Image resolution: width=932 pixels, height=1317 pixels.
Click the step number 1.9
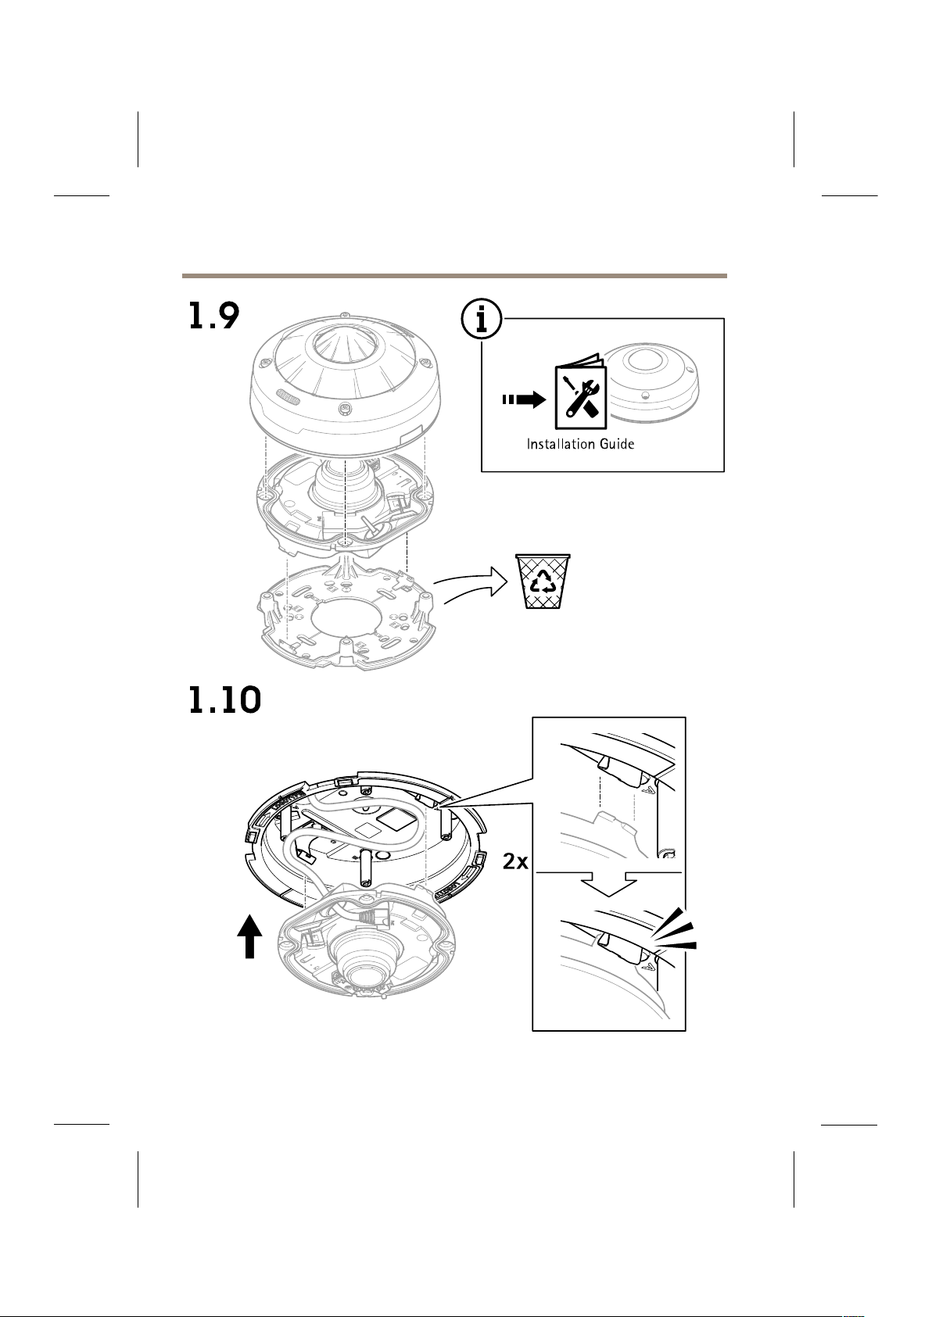point(213,315)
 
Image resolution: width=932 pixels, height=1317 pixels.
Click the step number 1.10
point(224,700)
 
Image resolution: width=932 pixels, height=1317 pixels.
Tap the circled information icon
point(482,319)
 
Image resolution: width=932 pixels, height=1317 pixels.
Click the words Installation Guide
point(580,444)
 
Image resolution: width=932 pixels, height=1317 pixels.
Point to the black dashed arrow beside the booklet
point(524,400)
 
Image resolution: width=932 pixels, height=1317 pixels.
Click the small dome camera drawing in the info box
point(651,383)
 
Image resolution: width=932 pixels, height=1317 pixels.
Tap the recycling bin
point(543,580)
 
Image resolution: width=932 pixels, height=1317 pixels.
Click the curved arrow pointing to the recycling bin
point(471,586)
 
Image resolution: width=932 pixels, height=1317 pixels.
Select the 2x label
point(516,861)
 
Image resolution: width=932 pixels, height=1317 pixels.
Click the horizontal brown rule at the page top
point(454,275)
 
